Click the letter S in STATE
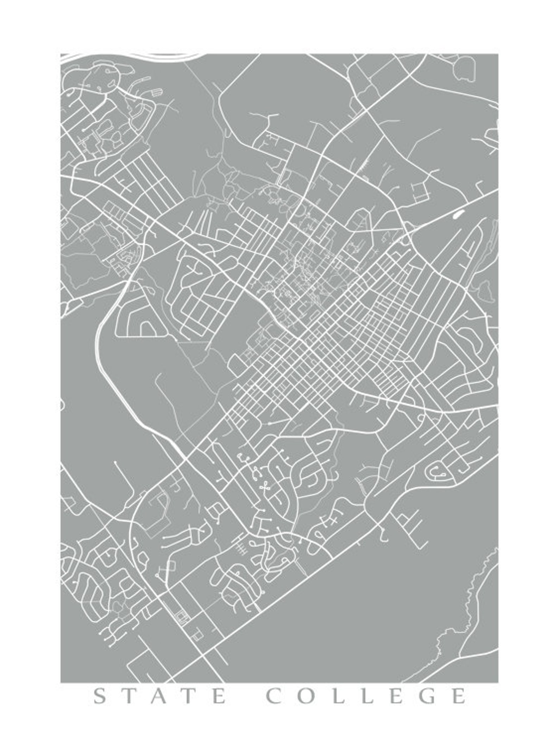click(100, 696)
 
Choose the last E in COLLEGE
click(458, 696)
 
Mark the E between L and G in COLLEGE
click(395, 696)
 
